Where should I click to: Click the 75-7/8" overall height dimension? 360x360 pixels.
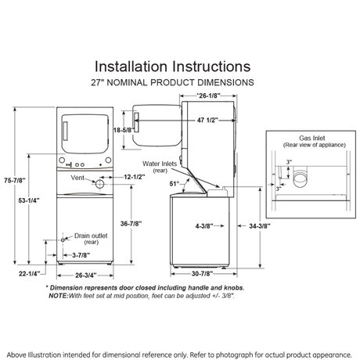coord(15,180)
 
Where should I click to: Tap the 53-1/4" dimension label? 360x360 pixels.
coord(29,200)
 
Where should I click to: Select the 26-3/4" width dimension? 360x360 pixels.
coord(86,275)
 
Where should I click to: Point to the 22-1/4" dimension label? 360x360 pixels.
coord(29,274)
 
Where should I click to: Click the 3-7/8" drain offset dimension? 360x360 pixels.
coord(81,255)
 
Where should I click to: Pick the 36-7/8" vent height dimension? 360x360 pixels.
coord(131,224)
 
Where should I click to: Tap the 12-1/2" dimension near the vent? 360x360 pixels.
coord(135,177)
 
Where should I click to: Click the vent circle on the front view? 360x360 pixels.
coord(99,184)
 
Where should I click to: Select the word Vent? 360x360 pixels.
coord(77,178)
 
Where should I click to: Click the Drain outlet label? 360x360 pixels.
coord(91,236)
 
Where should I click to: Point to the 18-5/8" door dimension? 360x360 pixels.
coord(124,130)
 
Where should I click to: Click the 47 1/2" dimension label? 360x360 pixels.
coord(207,120)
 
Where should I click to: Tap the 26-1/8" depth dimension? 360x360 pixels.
coord(208,95)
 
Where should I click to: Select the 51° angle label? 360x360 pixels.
coord(175,184)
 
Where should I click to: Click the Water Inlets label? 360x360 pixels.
coord(160,164)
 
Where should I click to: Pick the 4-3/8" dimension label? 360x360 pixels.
coord(204,226)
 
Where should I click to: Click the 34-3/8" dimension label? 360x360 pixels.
coord(260,226)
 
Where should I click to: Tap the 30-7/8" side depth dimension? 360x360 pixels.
coord(202,274)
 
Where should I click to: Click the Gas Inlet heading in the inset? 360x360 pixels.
coord(312,138)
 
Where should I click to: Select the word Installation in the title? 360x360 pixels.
coord(131,67)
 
